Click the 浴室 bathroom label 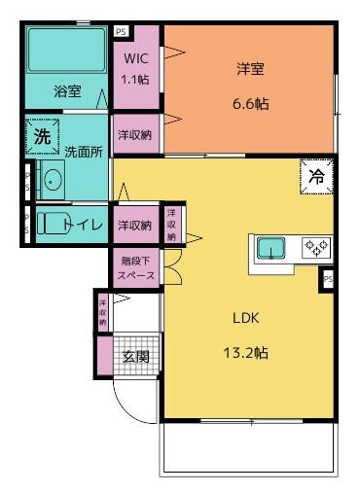click(67, 91)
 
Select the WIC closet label click(135, 58)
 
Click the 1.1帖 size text click(135, 78)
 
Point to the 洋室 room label click(251, 69)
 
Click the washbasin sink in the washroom click(52, 181)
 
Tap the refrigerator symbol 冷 click(316, 177)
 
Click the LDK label click(244, 317)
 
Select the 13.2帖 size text click(244, 352)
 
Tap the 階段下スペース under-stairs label click(136, 267)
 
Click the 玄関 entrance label click(135, 356)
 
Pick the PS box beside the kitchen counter click(328, 279)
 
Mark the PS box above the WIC click(120, 31)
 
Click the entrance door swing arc click(125, 399)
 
